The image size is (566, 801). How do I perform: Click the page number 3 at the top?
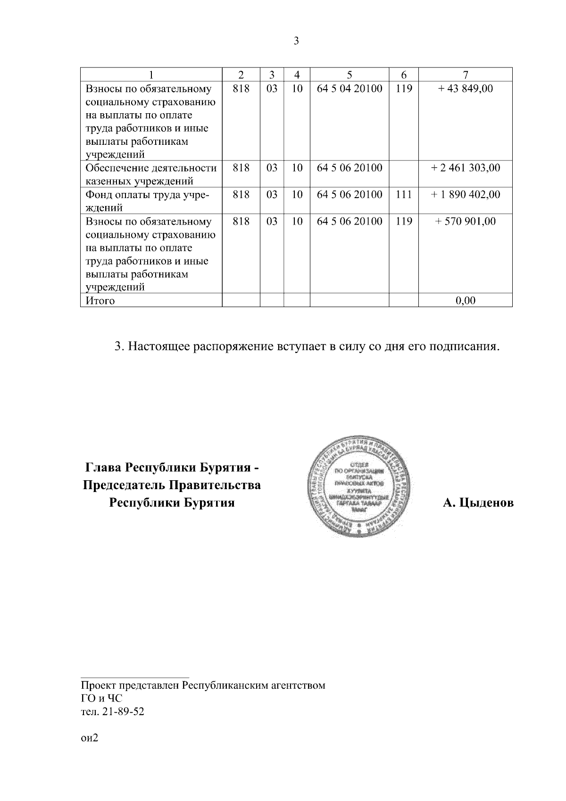pos(296,41)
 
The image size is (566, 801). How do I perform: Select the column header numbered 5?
pos(349,75)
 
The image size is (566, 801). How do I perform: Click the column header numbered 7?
pos(465,75)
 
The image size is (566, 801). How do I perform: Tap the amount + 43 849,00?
pos(465,88)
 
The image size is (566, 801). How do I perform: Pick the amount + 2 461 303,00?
pos(465,168)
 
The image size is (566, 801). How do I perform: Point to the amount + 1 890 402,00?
pos(465,194)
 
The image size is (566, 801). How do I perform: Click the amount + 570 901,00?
pos(465,221)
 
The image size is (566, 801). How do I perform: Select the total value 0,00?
pos(465,300)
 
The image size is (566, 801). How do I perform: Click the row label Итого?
pos(100,300)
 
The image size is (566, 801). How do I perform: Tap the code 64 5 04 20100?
pos(349,88)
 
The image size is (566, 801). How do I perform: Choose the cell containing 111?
pos(404,194)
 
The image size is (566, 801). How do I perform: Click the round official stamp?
pos(359,488)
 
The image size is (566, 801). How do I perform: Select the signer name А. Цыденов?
pos(478,503)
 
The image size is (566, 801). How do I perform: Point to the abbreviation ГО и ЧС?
pos(101,699)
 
